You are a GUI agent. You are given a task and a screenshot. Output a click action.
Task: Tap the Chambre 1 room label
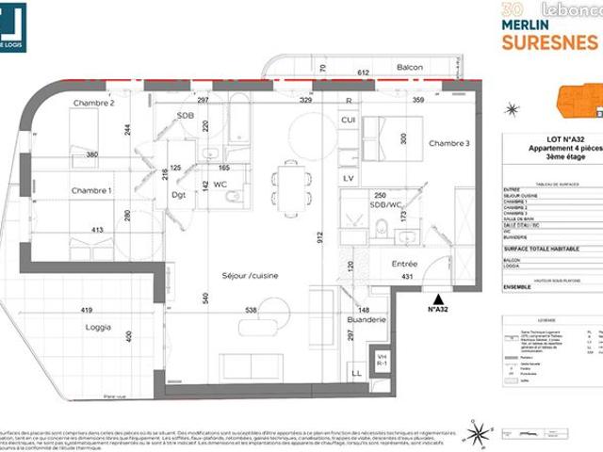tap(91, 191)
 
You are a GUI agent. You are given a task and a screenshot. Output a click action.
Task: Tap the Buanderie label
tap(367, 320)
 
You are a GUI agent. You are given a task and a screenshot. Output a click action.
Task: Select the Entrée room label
tap(404, 264)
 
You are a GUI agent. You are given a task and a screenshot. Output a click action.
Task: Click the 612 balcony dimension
tap(361, 71)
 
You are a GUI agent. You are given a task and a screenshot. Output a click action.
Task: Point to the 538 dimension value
tap(252, 310)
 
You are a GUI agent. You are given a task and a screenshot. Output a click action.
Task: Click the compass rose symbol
tap(479, 434)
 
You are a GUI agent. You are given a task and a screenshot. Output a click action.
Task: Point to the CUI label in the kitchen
tap(348, 120)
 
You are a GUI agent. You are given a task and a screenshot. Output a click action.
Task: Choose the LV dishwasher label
tap(348, 178)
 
